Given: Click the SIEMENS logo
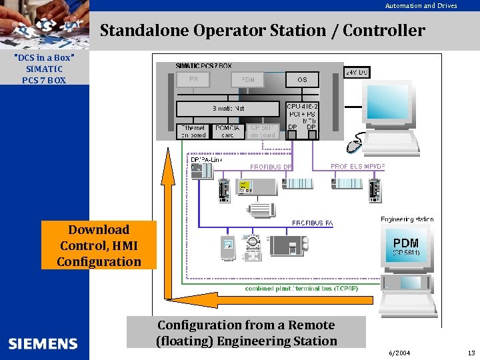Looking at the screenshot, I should click(43, 344).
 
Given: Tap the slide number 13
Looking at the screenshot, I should click(471, 353).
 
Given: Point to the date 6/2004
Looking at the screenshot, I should click(399, 353).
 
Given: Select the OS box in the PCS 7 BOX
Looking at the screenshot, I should click(302, 80).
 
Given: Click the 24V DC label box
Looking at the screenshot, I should click(357, 72).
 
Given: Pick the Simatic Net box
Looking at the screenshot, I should click(228, 108).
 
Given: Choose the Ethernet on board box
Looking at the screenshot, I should click(193, 131).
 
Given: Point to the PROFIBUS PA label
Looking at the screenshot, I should click(312, 223).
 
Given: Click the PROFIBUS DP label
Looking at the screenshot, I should click(271, 167).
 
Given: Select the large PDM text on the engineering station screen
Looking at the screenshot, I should click(405, 243).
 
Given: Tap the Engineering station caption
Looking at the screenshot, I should click(407, 219).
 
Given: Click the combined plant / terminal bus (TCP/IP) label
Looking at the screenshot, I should click(301, 288).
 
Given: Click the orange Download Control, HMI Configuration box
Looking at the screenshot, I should click(99, 245).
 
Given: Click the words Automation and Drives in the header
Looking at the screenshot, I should click(421, 6).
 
